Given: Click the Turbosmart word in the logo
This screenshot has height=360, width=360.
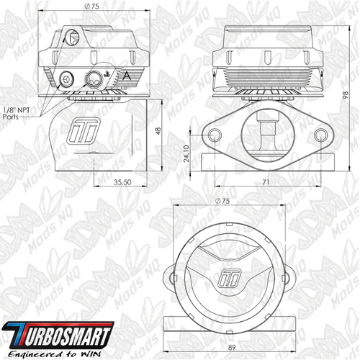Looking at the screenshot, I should point(60,336).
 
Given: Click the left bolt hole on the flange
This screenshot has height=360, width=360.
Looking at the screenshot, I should point(215,137).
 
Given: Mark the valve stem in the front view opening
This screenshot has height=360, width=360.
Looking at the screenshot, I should point(268,132).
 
